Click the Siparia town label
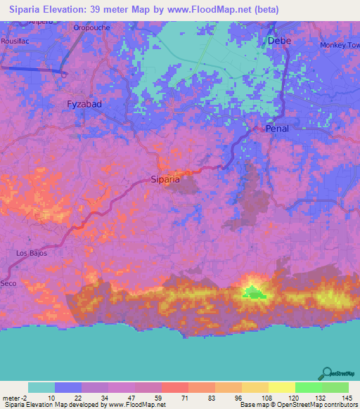point(166,179)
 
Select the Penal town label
point(277,129)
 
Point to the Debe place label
point(279,41)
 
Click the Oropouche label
point(91,28)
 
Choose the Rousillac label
point(15,40)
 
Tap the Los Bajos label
point(32,253)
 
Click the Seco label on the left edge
point(8,283)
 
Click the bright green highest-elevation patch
point(253,292)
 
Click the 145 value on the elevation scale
point(345,397)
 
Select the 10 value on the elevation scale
point(52,397)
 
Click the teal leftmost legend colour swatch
point(41,387)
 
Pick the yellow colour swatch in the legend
point(282,387)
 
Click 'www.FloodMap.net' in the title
point(216,10)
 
